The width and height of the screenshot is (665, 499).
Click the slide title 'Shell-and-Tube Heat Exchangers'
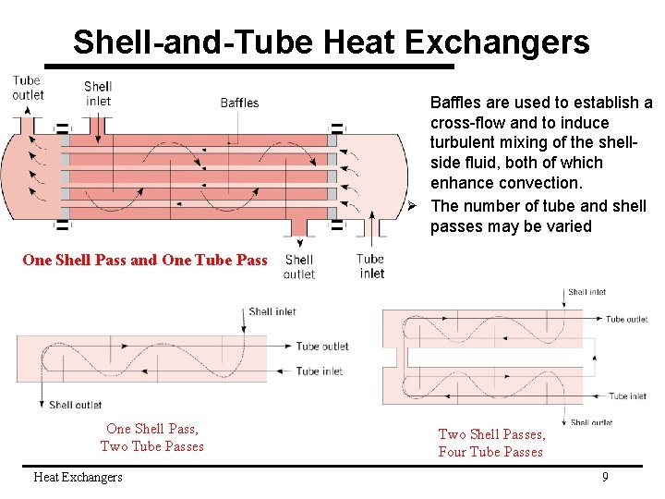click(x=331, y=42)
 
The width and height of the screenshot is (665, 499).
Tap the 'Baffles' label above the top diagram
click(x=239, y=103)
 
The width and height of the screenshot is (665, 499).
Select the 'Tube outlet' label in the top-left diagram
click(x=28, y=87)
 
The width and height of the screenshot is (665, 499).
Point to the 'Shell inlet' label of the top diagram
click(x=97, y=93)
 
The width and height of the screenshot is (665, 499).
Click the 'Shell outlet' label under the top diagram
click(x=298, y=267)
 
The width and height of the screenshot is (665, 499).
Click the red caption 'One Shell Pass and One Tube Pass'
click(x=145, y=260)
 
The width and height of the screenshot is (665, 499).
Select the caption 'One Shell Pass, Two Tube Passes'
click(x=152, y=437)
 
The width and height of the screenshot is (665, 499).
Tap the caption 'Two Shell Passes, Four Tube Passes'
click(x=490, y=443)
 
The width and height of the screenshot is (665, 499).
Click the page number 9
click(x=605, y=477)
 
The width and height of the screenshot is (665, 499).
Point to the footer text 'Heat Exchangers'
click(x=78, y=477)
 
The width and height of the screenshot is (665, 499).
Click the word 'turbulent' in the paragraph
click(x=462, y=142)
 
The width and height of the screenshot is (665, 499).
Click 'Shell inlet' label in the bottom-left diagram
click(x=272, y=311)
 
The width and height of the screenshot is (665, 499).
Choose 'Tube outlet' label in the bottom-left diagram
click(x=321, y=347)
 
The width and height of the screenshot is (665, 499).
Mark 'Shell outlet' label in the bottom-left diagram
click(x=75, y=404)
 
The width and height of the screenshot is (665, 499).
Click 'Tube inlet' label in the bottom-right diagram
click(x=627, y=396)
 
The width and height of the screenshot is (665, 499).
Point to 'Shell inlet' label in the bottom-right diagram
click(x=586, y=292)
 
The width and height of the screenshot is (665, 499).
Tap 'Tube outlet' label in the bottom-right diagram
click(x=626, y=319)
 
